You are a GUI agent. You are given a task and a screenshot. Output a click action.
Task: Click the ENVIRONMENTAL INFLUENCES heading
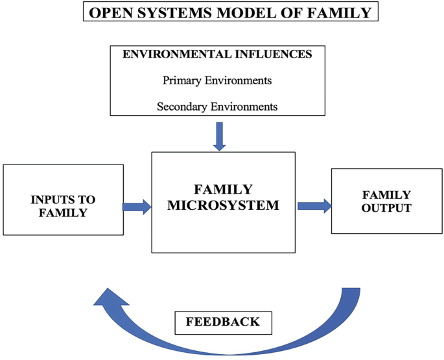tap(217, 54)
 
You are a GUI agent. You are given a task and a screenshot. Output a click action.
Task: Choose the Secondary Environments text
tap(217, 106)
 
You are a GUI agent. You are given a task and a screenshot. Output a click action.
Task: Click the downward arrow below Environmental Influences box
tap(220, 137)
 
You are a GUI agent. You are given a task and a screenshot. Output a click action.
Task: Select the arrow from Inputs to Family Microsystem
tap(137, 207)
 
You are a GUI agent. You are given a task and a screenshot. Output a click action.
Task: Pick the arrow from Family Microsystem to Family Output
tap(314, 206)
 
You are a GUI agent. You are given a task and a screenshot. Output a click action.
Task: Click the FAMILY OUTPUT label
tap(386, 201)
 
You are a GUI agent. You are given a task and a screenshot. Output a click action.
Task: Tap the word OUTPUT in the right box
tap(386, 208)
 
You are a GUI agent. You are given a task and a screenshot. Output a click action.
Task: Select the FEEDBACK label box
tap(223, 322)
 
